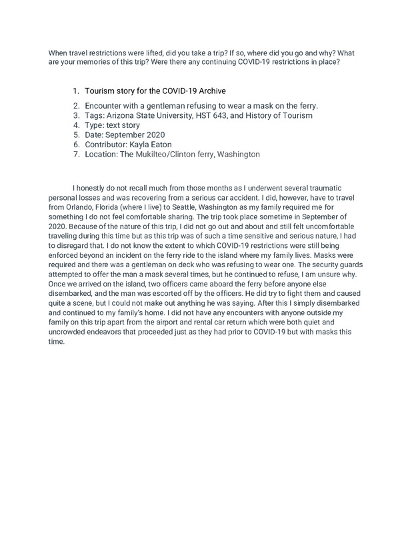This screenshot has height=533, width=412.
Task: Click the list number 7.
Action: [77, 154]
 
